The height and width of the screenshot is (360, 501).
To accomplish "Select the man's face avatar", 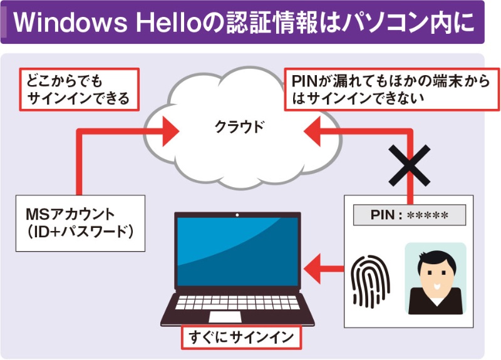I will click(x=435, y=279).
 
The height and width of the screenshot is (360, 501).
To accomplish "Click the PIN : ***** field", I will click(x=410, y=215).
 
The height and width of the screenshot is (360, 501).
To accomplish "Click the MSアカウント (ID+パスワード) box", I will click(x=80, y=223).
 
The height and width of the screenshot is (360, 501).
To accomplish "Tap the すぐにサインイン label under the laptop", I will click(x=240, y=338).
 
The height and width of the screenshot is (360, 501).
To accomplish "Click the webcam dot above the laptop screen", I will click(x=237, y=216).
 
